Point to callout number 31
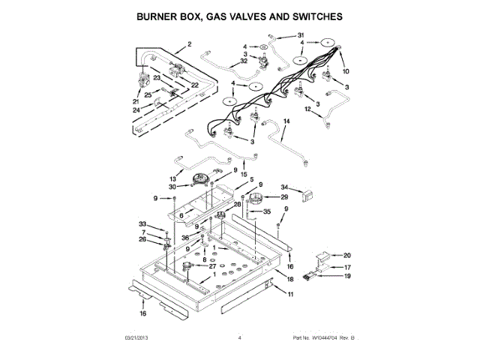tap(301, 36)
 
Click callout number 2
tap(190, 44)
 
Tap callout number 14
tap(286, 121)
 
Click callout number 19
tap(346, 276)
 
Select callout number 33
tap(142, 224)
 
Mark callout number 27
tap(212, 265)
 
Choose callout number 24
tap(137, 109)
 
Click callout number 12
tap(307, 109)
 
